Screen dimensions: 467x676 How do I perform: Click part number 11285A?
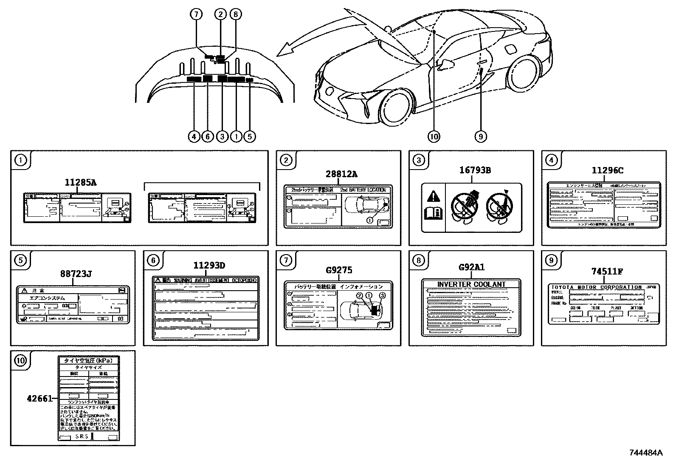coord(80,183)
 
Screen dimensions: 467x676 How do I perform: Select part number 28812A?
coord(341,174)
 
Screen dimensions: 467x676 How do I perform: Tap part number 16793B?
coord(475,170)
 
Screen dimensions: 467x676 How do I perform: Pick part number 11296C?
coord(607,170)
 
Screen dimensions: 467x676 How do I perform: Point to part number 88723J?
coord(76,274)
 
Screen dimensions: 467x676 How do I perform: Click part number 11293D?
coord(209,266)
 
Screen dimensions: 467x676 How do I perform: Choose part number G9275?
coord(339,270)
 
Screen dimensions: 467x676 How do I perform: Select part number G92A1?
coord(471,268)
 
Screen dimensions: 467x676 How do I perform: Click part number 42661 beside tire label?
coord(39,399)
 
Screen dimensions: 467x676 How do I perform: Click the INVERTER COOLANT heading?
coord(471,284)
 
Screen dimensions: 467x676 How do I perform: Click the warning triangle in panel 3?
coord(433,196)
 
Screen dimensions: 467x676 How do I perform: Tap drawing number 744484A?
coord(645,453)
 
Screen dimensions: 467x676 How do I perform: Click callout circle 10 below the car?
coord(434,136)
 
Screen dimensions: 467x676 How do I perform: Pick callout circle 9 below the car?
coord(480,136)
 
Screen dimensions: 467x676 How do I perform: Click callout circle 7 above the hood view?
coord(196,14)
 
